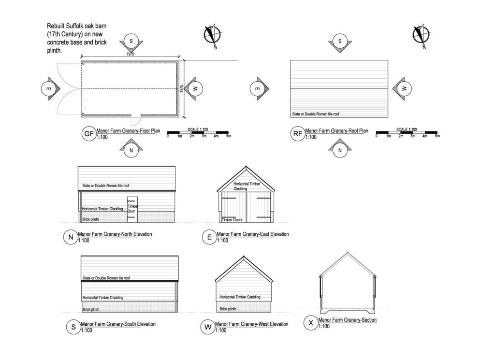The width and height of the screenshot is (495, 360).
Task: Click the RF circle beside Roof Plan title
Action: (x=298, y=134)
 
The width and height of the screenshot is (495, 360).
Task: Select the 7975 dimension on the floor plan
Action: (x=130, y=55)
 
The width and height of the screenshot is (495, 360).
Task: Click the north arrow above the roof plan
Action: (x=421, y=36)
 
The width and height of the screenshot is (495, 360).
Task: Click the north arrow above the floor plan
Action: (x=211, y=35)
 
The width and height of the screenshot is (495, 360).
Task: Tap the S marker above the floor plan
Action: (x=131, y=42)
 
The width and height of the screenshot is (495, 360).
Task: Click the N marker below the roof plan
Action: (x=340, y=150)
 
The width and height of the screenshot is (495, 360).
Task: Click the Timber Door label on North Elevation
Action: (x=132, y=209)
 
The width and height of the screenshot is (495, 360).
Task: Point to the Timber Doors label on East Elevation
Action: (x=232, y=220)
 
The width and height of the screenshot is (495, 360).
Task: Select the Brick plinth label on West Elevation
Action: (x=228, y=309)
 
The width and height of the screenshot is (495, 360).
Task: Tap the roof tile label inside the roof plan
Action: (x=315, y=115)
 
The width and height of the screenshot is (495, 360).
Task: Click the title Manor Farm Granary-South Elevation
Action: (x=118, y=324)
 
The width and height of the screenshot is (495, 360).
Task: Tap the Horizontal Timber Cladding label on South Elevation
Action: (x=102, y=298)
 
